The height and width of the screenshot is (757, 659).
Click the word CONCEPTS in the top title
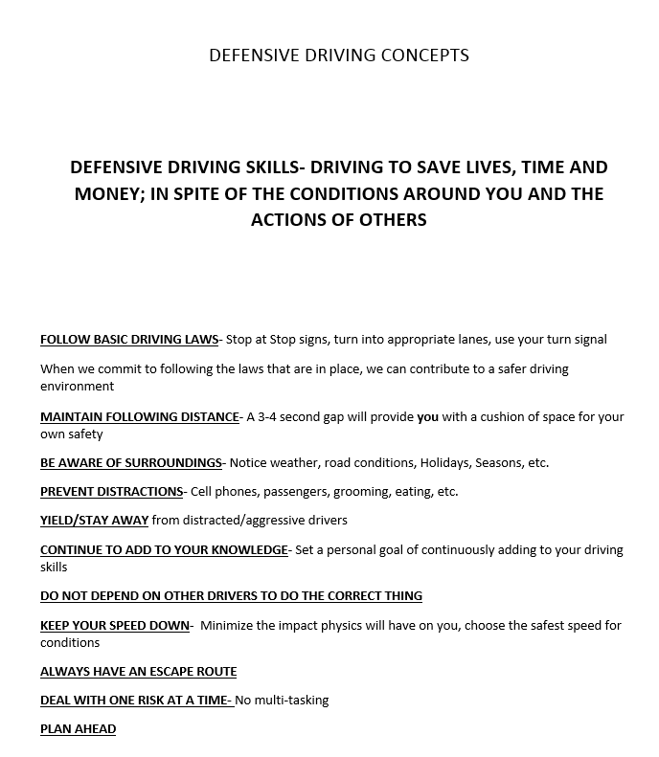[x=425, y=55]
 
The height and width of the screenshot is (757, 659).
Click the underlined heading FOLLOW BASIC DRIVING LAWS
[x=129, y=339]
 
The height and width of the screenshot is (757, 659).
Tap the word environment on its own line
[x=77, y=387]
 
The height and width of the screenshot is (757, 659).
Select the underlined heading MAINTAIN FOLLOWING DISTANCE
[x=139, y=416]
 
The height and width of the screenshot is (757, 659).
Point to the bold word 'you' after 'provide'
[x=427, y=416]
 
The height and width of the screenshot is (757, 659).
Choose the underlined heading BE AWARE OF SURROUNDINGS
[x=130, y=462]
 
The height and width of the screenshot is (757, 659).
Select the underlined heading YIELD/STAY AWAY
[x=94, y=520]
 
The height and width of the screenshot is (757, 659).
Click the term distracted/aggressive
[x=249, y=520]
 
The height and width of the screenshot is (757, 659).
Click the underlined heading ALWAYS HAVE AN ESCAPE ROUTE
[x=138, y=671]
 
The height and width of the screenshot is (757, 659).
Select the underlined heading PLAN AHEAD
[x=78, y=728]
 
